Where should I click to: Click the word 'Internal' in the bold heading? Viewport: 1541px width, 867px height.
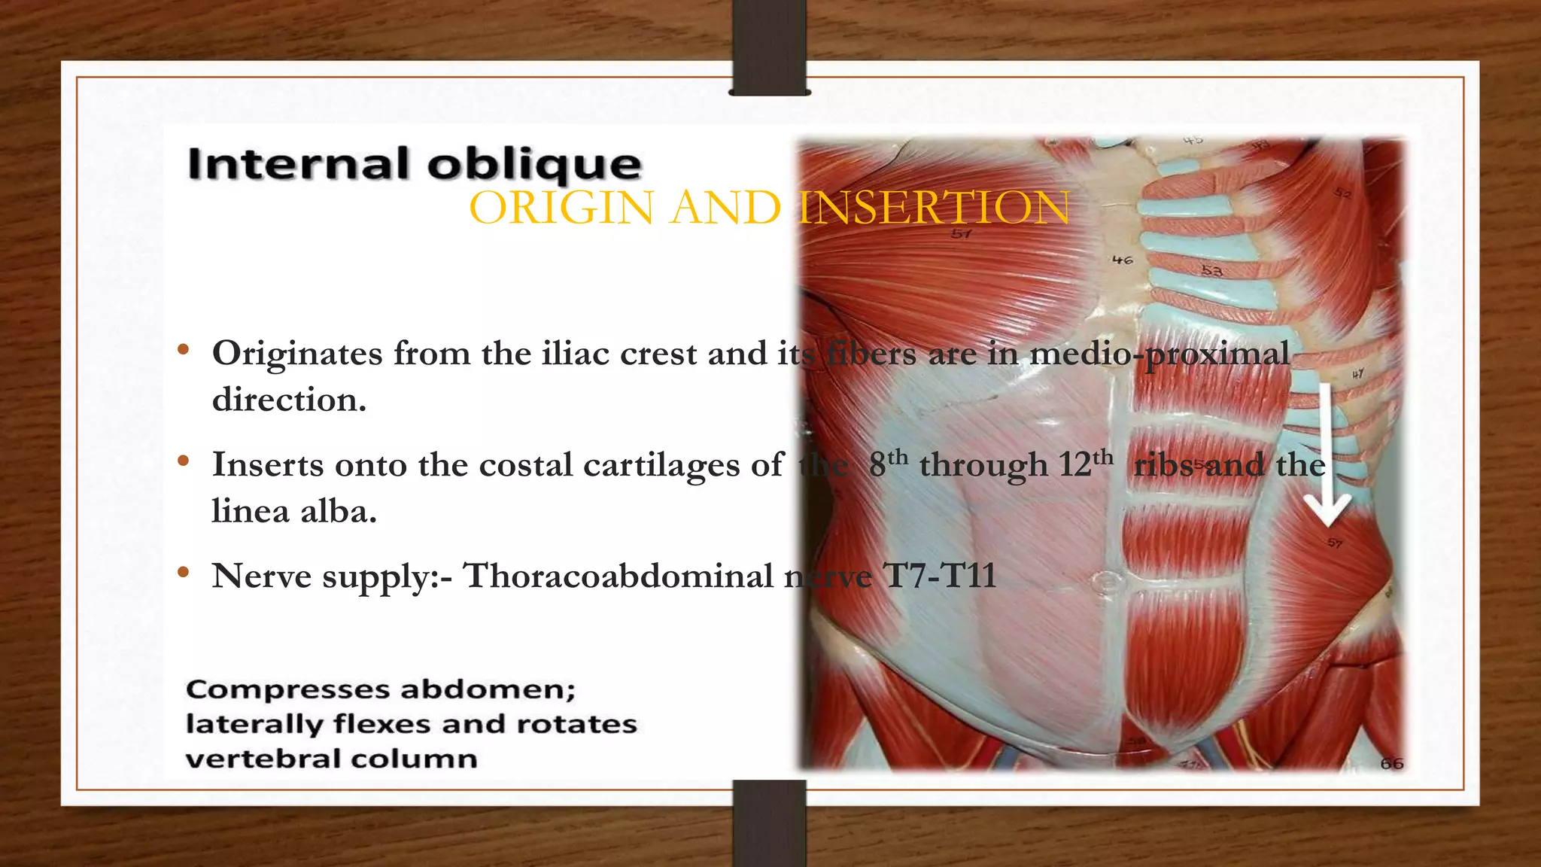point(299,164)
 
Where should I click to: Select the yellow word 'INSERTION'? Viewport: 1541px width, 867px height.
point(934,208)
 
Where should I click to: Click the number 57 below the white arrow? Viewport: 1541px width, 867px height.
point(1334,543)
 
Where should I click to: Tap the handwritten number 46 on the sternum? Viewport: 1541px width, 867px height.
point(1122,260)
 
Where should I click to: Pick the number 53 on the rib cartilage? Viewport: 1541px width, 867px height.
point(1211,271)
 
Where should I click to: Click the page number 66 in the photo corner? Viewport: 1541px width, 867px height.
point(1391,763)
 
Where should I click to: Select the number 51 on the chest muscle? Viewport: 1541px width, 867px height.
point(961,234)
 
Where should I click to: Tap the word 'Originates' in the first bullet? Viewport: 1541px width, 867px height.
point(297,354)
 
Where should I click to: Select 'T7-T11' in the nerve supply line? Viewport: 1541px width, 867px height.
point(940,576)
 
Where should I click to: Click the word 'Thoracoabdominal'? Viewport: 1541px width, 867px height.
point(618,576)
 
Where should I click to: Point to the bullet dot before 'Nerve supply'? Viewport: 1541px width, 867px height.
point(183,573)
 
